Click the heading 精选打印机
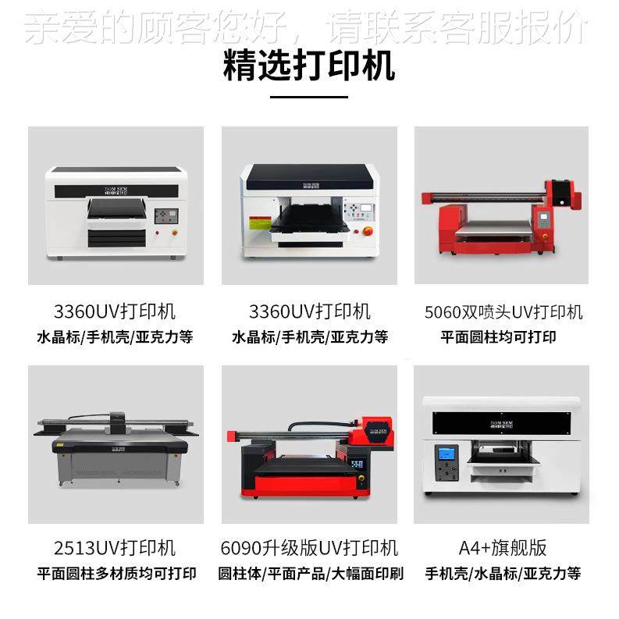point(309,66)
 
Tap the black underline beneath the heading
point(309,98)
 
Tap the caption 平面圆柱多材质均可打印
point(116,573)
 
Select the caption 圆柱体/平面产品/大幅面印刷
point(309,573)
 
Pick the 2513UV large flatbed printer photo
point(116,445)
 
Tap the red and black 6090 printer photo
point(309,453)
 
